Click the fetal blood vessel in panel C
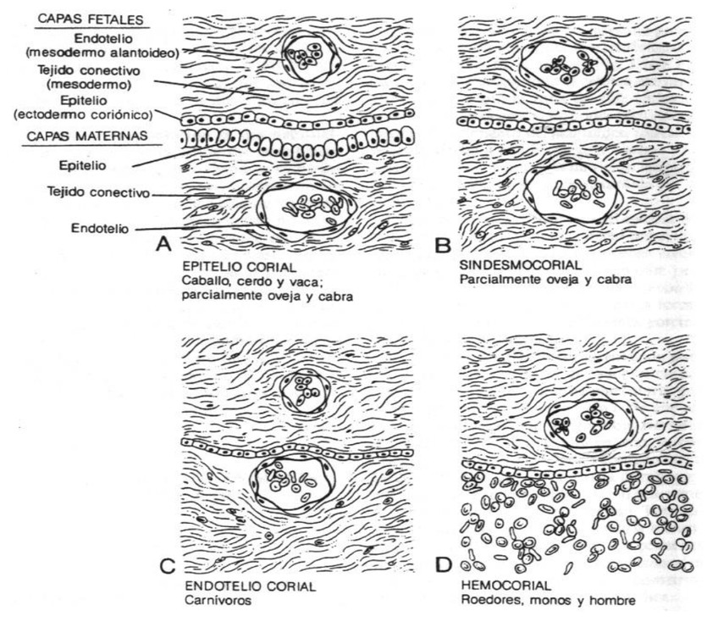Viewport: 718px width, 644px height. (303, 391)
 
